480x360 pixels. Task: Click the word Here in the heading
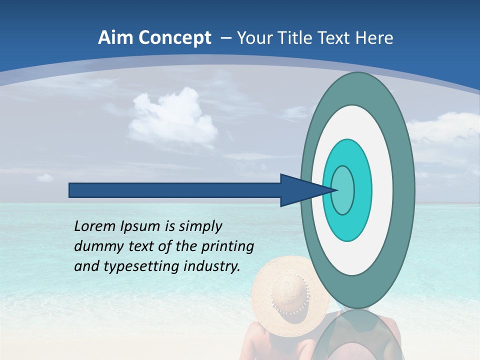(x=374, y=37)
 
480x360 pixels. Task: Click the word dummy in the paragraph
(x=95, y=246)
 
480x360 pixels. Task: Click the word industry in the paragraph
(x=212, y=266)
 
